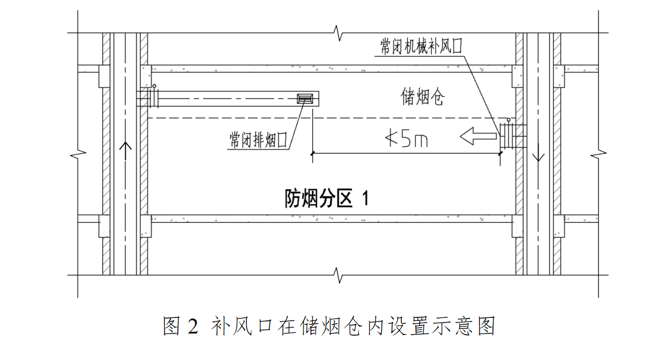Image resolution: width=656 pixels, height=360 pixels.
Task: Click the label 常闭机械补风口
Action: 422,47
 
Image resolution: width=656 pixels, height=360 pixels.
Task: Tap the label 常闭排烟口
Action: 258,140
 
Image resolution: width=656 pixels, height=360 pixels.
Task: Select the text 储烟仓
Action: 422,97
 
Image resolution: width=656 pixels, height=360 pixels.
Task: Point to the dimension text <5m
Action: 406,139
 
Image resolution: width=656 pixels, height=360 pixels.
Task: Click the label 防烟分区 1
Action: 327,199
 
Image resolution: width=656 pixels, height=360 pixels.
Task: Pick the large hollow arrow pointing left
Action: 477,137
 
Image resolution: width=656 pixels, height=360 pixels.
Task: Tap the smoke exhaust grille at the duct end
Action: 305,98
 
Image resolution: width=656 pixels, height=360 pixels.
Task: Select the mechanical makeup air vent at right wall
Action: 510,135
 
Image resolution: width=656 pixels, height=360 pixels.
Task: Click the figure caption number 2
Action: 192,327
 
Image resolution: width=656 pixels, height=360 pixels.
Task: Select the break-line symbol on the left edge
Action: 78,154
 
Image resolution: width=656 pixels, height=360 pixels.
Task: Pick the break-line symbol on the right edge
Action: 599,154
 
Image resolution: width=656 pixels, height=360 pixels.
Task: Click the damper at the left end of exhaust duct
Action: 152,98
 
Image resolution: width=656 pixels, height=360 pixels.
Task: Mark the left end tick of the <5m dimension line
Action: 312,153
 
